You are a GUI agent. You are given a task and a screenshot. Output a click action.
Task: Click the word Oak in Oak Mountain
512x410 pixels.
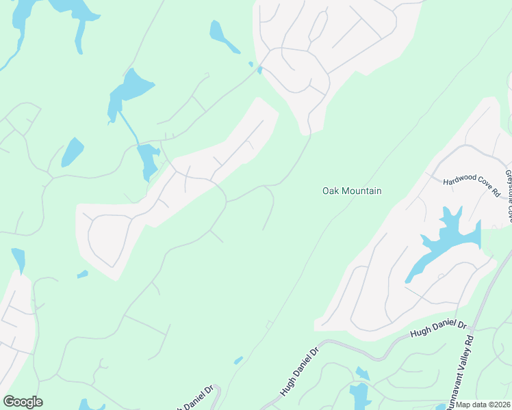click(x=331, y=191)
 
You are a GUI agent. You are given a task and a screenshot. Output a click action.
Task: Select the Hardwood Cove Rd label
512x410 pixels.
click(x=472, y=186)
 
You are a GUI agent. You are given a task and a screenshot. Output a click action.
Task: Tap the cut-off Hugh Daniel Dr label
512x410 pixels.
click(x=196, y=398)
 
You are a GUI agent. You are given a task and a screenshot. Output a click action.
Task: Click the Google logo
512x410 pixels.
click(x=23, y=402)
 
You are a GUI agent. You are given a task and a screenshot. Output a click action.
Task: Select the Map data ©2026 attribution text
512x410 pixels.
click(x=482, y=405)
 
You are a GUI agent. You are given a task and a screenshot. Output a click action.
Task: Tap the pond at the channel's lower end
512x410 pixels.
click(x=148, y=161)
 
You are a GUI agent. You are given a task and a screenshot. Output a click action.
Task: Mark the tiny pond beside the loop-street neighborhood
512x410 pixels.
click(x=83, y=275)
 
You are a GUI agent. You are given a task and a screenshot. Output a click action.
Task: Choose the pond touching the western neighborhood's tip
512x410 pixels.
click(x=18, y=260)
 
